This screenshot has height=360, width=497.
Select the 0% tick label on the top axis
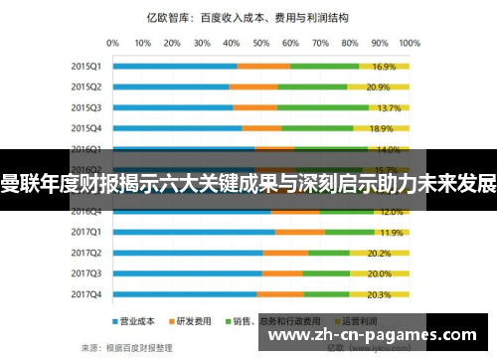[x=112, y=43]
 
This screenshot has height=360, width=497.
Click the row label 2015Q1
[x=85, y=66]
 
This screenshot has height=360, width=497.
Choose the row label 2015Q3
[x=85, y=107]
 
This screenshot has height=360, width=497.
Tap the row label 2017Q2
[x=85, y=253]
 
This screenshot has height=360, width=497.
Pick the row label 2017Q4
[x=85, y=294]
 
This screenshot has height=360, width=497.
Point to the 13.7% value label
[x=389, y=107]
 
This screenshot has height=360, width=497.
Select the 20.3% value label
[x=379, y=294]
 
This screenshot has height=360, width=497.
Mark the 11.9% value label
[x=391, y=232]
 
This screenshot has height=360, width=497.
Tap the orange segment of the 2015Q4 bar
[x=261, y=128]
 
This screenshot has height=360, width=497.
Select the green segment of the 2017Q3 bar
[x=326, y=273]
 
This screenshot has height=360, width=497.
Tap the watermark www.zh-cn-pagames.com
[x=379, y=337]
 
